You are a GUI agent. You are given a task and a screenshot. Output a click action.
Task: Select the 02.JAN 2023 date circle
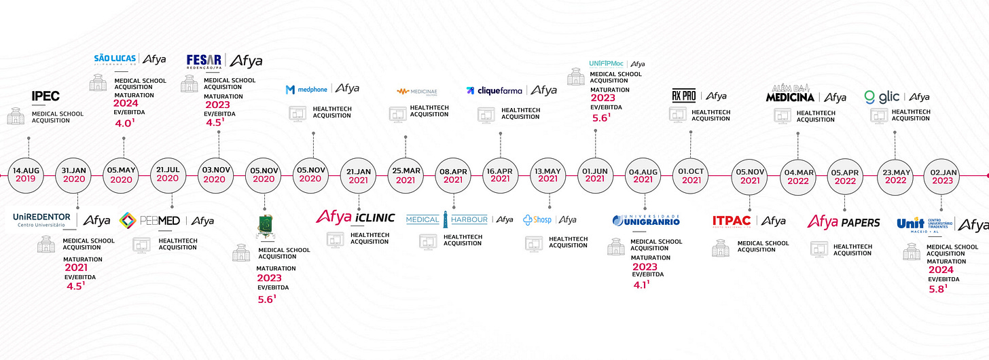[x=941, y=175]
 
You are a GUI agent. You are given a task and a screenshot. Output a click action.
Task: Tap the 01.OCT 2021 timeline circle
[x=691, y=175]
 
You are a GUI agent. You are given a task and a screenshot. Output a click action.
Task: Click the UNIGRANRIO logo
[x=645, y=220]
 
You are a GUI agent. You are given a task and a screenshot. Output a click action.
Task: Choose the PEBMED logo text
[x=150, y=220]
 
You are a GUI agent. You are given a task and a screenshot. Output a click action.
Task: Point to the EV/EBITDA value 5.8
[x=937, y=289]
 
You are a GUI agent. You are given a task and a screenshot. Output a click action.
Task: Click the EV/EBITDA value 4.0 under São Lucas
[x=123, y=124]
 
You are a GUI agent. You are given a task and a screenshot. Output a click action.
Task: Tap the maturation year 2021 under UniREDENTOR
[x=75, y=268]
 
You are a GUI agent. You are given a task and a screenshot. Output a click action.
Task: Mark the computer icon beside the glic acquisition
[x=880, y=115]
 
